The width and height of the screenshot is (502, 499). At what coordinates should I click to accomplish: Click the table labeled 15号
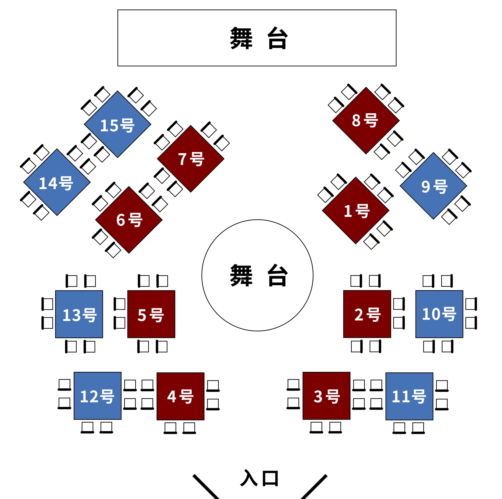tap(117, 124)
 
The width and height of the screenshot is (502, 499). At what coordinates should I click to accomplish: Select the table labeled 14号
tap(57, 182)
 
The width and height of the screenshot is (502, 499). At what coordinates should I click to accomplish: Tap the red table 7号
tap(191, 159)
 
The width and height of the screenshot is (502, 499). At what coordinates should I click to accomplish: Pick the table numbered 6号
tap(129, 220)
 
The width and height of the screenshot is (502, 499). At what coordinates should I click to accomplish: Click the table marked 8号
tap(366, 121)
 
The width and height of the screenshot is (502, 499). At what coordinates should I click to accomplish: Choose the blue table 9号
tap(433, 186)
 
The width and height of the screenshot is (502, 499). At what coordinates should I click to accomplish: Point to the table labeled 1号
tap(356, 210)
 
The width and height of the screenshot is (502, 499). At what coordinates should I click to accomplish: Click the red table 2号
tap(367, 314)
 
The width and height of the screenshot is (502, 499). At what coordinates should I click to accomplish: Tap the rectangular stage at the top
tap(257, 38)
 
